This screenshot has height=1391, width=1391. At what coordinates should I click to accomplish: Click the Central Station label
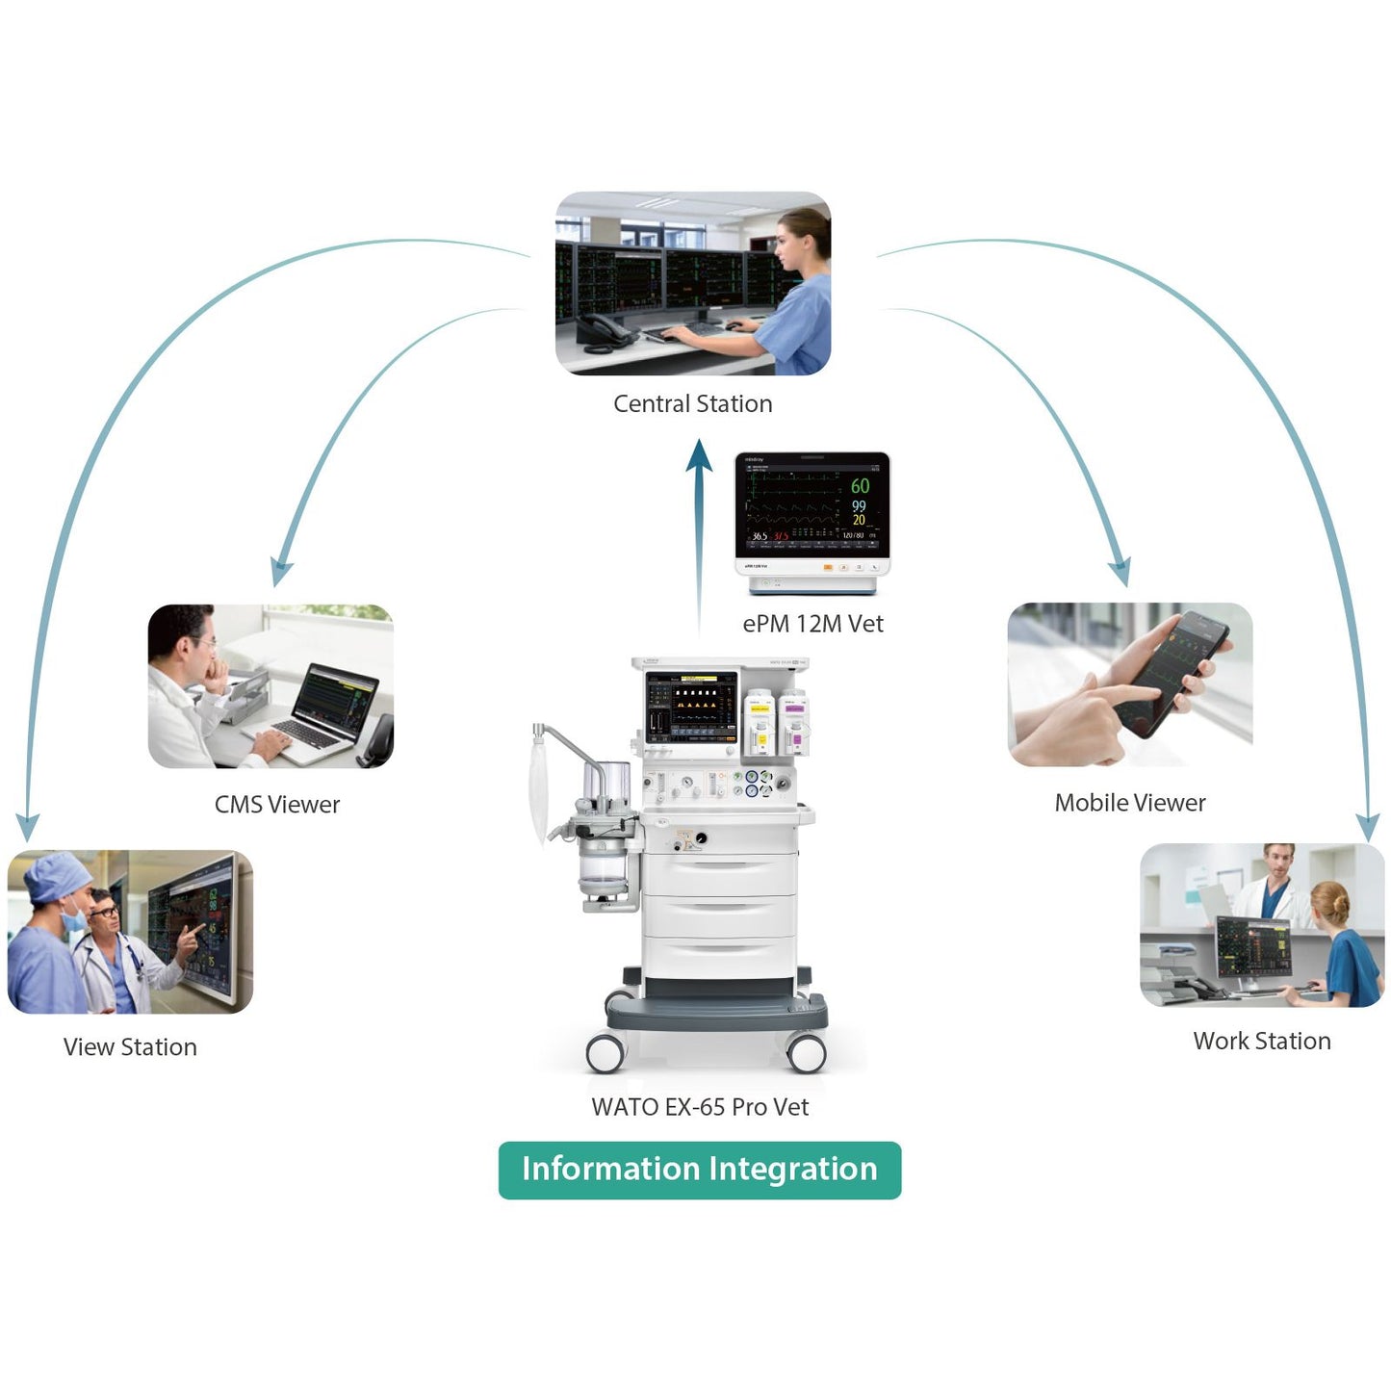point(692,404)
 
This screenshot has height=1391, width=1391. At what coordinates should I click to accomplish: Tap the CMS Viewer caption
point(277,805)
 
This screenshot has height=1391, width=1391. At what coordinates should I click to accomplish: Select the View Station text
point(130,1047)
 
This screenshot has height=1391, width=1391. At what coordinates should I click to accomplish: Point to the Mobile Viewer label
point(1129,803)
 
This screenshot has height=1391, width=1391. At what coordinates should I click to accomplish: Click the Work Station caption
point(1261,1042)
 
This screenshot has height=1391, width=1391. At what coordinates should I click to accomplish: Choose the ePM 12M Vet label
point(812,625)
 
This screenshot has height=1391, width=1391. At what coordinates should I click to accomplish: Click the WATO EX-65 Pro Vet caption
point(700,1108)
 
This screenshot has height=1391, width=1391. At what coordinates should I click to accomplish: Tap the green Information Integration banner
point(700,1170)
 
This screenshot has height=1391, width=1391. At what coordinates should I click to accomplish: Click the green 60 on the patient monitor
point(860,486)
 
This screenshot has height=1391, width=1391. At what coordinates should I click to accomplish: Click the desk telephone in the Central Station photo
point(604,330)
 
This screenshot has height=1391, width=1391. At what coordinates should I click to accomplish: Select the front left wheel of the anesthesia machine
point(606,1052)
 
